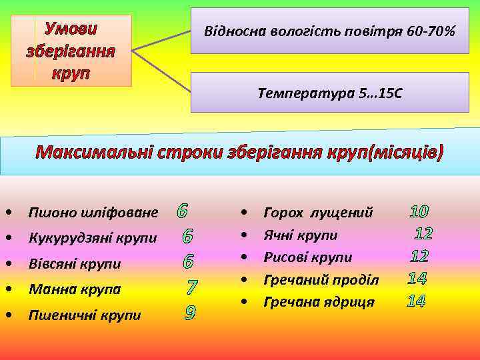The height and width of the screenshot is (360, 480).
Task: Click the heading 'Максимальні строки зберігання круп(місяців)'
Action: tap(239, 153)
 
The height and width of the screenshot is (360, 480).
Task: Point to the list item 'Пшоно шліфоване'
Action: tap(93, 213)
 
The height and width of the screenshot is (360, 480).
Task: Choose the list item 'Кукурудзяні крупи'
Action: tap(93, 238)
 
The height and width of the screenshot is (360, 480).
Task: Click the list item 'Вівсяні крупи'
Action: tap(75, 264)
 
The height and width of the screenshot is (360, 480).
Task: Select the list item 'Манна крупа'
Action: tap(74, 289)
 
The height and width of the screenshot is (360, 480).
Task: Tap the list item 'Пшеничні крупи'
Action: tap(84, 315)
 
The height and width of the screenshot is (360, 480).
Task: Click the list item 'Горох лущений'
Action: tap(318, 213)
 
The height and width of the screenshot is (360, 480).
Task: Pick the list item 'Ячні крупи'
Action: tap(301, 235)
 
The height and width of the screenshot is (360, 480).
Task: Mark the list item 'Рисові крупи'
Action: tap(308, 257)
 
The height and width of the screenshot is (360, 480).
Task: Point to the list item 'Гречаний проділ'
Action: tap(321, 279)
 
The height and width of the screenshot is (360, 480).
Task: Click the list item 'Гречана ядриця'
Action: tap(319, 302)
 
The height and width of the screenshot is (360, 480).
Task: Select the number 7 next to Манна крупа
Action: tap(192, 289)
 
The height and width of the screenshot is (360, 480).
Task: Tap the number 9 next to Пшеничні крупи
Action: tap(190, 312)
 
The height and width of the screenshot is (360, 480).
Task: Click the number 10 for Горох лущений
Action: tap(419, 212)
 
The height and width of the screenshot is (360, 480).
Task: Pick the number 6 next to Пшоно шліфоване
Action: tap(182, 212)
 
